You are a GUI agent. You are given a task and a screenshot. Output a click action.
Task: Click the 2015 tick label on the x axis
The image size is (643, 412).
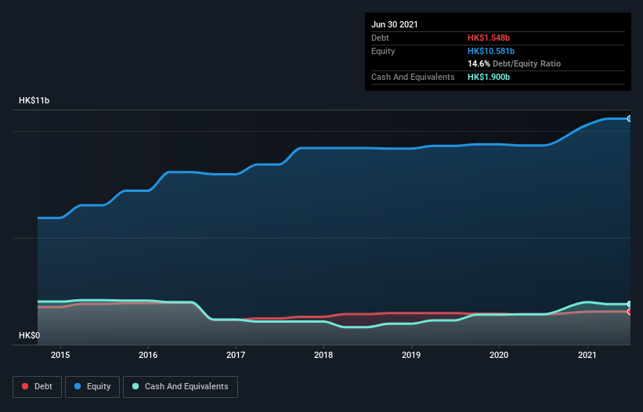[x=60, y=355]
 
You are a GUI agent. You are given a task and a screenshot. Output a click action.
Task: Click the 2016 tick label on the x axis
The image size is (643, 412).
[x=148, y=355]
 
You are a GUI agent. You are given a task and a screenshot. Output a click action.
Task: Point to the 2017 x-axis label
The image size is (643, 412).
[x=236, y=355]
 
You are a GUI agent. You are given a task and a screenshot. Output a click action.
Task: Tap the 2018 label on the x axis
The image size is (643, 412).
[x=323, y=355]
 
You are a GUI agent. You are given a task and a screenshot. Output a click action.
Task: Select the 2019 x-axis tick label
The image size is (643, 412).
[x=411, y=355]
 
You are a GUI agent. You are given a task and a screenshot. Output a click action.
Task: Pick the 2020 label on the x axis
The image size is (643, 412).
[x=499, y=355]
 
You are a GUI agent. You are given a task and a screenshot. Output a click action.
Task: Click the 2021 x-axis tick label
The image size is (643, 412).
[x=587, y=355]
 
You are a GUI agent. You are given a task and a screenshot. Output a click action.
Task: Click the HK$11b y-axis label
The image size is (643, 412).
[x=35, y=101]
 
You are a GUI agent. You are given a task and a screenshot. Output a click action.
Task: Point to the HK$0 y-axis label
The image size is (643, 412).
[x=29, y=335]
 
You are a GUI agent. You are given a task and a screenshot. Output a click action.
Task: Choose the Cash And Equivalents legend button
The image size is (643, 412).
[x=180, y=386]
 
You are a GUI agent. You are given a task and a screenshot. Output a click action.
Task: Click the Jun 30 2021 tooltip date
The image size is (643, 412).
[x=395, y=24]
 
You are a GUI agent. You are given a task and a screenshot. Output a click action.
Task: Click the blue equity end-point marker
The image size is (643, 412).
[x=630, y=118]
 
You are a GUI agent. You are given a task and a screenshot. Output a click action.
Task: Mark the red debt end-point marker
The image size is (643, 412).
[x=630, y=312]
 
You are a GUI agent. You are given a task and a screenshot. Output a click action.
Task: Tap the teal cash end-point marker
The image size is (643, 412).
[x=630, y=304]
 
